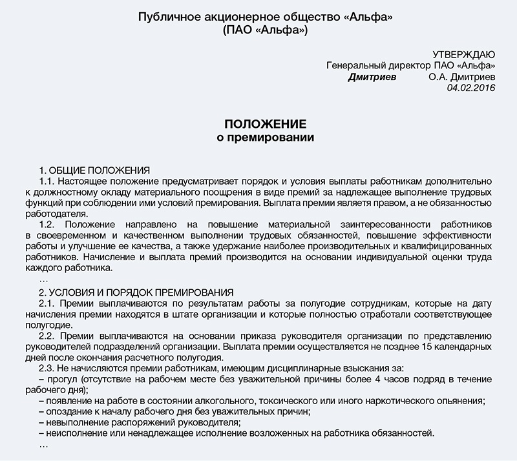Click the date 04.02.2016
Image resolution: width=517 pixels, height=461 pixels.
[x=470, y=88]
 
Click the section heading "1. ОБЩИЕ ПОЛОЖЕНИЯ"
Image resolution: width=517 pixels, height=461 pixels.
[x=94, y=170]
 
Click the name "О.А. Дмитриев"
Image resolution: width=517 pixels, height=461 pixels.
[x=461, y=77]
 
